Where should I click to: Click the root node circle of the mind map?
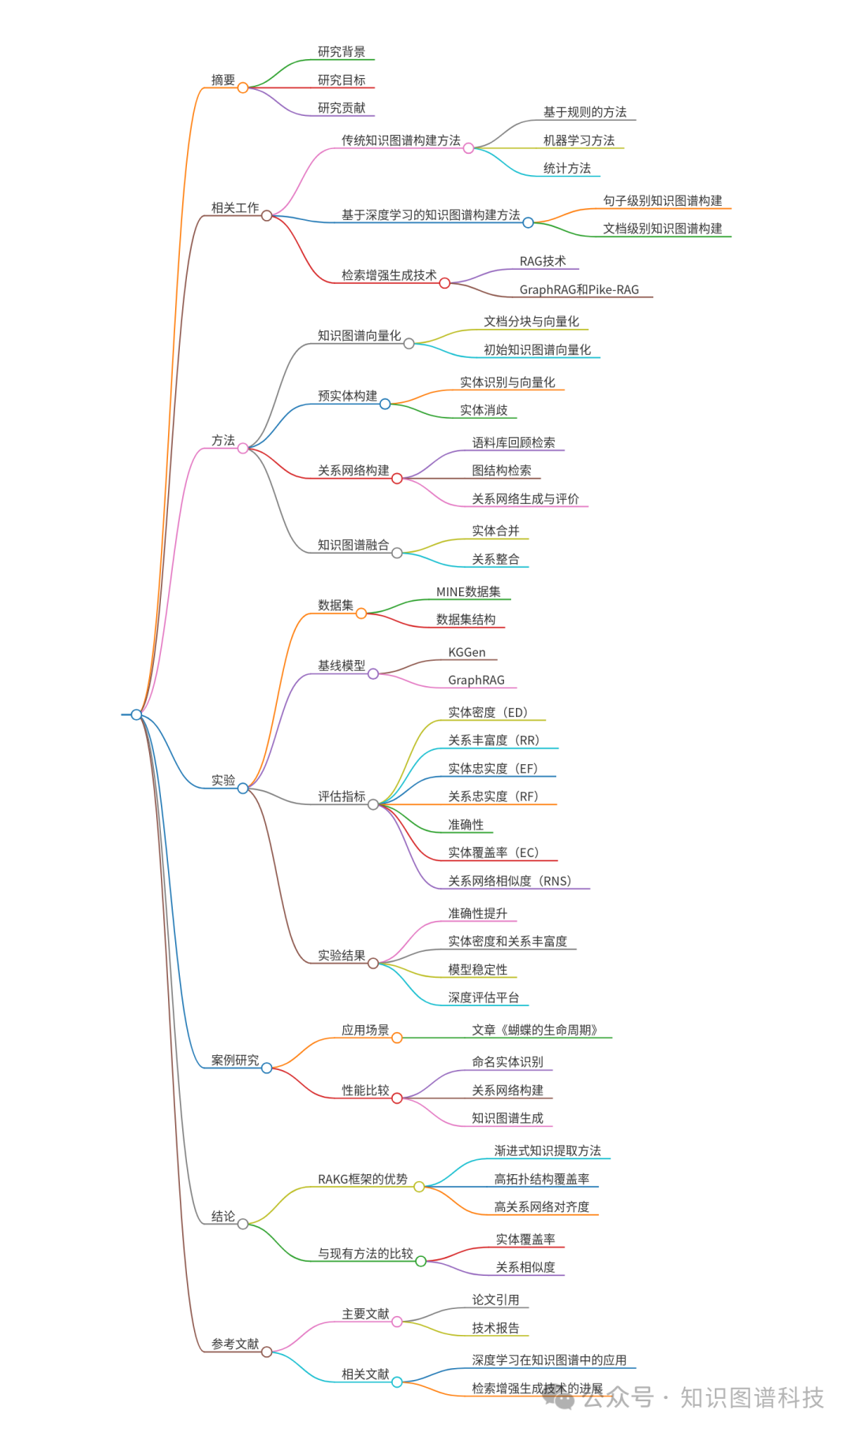pos(136,714)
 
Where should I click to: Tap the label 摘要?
pos(223,80)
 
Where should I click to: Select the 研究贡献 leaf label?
pos(342,108)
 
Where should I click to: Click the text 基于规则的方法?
pos(585,112)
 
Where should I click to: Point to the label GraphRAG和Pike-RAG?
pos(579,289)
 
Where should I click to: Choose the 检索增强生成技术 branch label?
pos(389,275)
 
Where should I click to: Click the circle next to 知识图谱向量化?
pos(409,344)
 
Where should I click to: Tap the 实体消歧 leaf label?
pos(484,410)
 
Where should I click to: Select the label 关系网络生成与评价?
pos(525,498)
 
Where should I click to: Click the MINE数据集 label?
pos(469,591)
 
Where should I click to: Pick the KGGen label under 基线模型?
pos(467,652)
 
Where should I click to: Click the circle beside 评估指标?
pos(373,804)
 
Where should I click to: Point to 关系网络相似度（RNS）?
pos(510,881)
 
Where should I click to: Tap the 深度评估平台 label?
pos(484,998)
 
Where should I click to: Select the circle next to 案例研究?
pos(267,1068)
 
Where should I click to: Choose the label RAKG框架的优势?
pos(363,1179)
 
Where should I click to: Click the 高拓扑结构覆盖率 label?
pos(542,1179)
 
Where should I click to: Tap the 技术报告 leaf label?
pos(495,1328)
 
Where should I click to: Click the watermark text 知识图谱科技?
pos(752,1397)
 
